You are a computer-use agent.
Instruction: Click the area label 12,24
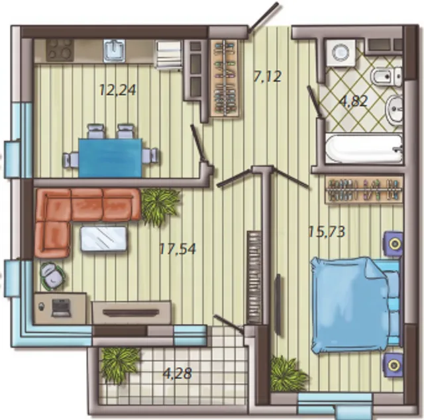pos(118,90)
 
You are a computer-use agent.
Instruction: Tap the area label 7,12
pos(268,76)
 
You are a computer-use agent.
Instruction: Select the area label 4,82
pos(354,101)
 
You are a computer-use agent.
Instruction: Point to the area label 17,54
pos(177,249)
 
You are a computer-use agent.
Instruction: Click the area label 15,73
pos(327,232)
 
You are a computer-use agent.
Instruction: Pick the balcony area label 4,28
pos(178,374)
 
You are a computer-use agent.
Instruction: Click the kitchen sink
pos(115,50)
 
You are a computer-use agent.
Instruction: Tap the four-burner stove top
pos(60,50)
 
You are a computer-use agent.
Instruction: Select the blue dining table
pos(111,158)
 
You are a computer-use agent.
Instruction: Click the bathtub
pos(364,148)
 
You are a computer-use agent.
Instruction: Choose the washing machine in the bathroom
pos(341,53)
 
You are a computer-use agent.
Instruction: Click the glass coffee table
pos(104,238)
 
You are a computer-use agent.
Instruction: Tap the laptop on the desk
pos(62,308)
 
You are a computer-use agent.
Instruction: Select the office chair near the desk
pos(52,277)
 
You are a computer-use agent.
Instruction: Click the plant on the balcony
pos(119,364)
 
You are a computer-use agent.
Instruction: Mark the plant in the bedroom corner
pos(289,374)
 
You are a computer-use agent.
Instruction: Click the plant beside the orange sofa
pos(160,206)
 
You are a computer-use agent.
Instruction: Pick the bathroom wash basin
pos(394,109)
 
